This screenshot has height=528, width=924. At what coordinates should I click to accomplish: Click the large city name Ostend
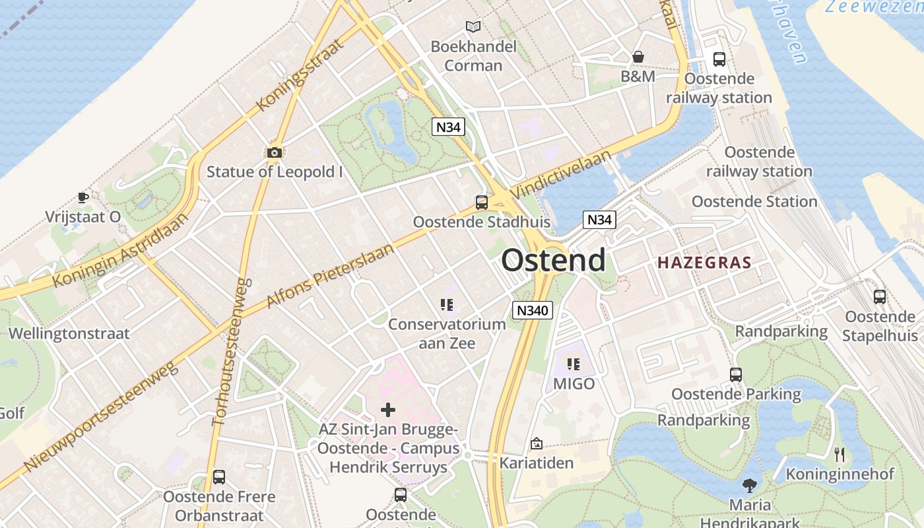click(x=553, y=260)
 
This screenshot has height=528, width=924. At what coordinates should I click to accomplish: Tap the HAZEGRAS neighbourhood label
click(x=704, y=263)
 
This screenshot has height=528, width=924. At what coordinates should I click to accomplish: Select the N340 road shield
click(x=532, y=310)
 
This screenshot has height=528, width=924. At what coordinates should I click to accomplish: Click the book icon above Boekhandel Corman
click(x=473, y=26)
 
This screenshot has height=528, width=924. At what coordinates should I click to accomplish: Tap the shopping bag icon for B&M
click(x=638, y=57)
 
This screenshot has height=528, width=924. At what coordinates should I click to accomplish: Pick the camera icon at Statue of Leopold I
click(x=275, y=153)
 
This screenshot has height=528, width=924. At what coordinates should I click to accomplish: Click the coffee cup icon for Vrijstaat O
click(x=83, y=197)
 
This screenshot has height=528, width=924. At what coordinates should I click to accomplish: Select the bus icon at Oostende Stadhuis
click(x=482, y=202)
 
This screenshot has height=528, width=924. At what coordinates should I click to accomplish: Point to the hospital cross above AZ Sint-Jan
click(x=388, y=410)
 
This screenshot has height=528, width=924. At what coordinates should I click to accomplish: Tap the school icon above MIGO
click(x=574, y=364)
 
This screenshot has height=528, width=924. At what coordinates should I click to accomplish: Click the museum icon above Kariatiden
click(x=536, y=444)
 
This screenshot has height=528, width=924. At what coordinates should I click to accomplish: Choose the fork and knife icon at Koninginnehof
click(x=840, y=454)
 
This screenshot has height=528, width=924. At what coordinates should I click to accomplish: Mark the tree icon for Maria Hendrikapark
click(x=749, y=486)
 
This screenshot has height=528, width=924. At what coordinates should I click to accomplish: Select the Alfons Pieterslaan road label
click(x=330, y=275)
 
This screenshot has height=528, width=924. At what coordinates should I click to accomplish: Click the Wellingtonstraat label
click(x=69, y=333)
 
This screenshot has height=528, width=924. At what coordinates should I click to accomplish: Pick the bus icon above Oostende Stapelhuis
click(x=880, y=297)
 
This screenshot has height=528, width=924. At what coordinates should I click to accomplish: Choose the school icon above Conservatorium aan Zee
click(x=447, y=304)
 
